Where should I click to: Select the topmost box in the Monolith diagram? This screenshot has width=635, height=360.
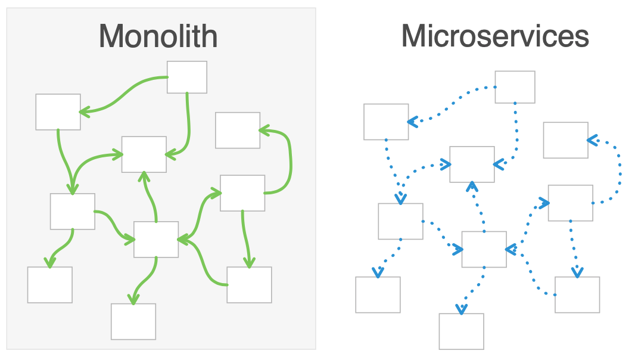186,77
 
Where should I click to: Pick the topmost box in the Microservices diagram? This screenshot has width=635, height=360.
515,87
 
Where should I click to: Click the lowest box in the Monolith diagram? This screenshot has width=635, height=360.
133,321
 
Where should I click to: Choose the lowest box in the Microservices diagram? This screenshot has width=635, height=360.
461,331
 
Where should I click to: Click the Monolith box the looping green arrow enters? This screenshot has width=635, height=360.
237,130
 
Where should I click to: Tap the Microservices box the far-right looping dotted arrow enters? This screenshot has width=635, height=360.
565,140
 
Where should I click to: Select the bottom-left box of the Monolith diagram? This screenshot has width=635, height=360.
49,284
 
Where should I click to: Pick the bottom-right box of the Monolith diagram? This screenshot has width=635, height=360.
249,284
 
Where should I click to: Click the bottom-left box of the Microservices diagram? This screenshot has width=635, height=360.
378,294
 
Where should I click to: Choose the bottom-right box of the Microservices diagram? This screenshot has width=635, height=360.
577,294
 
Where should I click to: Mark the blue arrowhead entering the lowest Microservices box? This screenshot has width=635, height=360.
461,309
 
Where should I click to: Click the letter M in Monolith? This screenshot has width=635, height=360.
111,36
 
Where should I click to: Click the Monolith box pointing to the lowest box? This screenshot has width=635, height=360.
155,239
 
